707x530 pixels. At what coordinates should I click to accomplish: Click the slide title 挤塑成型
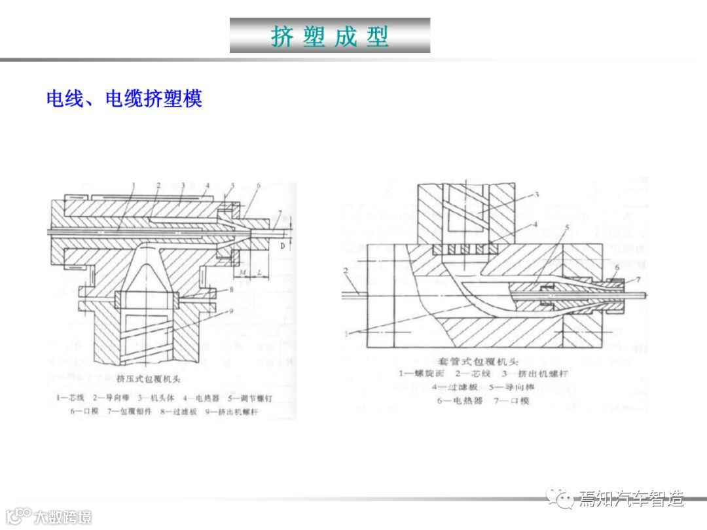[x=330, y=36]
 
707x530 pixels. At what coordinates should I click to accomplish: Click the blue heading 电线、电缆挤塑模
[x=124, y=99]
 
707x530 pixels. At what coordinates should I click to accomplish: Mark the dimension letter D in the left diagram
[x=283, y=245]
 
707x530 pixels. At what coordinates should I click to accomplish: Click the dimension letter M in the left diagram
[x=242, y=272]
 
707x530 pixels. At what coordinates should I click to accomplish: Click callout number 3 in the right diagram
[x=535, y=194]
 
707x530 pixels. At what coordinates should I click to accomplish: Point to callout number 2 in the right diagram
[x=345, y=270]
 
